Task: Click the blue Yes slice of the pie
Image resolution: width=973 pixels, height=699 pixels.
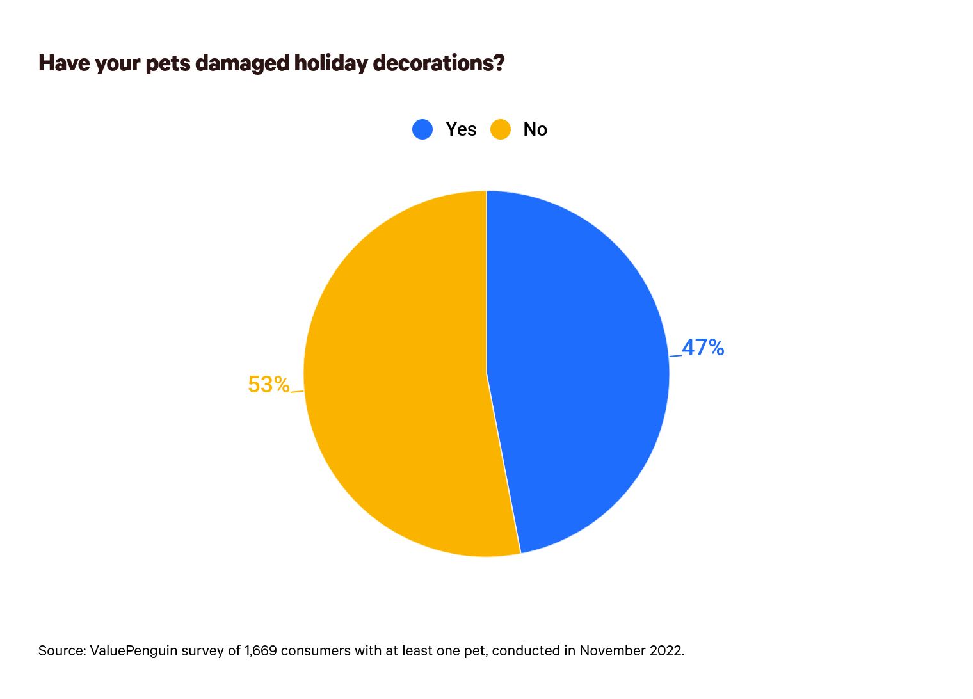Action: (x=576, y=371)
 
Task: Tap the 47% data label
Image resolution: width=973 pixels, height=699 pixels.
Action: (x=703, y=348)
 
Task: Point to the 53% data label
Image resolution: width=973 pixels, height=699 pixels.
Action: (x=268, y=385)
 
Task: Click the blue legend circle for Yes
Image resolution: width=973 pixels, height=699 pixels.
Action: (x=422, y=129)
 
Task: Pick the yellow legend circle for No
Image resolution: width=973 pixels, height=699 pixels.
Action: (x=501, y=129)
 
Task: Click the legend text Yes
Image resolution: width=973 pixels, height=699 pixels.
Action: (x=461, y=129)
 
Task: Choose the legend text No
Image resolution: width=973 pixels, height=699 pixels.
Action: (x=535, y=129)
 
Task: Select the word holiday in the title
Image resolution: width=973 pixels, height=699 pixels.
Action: (x=331, y=63)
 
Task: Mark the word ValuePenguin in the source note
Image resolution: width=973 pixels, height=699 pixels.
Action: (x=133, y=651)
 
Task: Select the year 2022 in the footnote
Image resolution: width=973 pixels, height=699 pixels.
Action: (x=666, y=651)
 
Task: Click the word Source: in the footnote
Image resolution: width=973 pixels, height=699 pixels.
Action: (x=61, y=651)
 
